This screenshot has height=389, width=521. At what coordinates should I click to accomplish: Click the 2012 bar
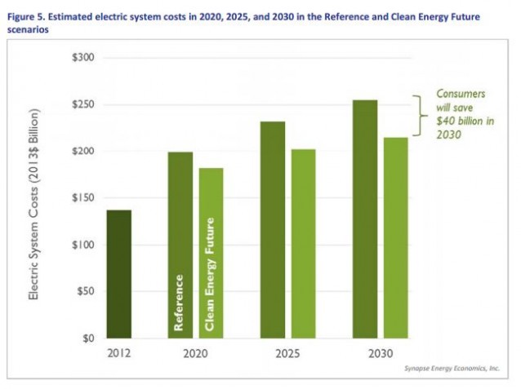click(119, 273)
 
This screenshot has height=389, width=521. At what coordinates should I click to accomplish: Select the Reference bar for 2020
click(180, 245)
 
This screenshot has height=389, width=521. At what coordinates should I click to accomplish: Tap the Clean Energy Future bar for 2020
click(212, 252)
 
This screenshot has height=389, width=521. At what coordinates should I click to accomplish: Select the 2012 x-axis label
click(119, 354)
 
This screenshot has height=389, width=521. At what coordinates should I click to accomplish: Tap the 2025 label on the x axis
click(287, 354)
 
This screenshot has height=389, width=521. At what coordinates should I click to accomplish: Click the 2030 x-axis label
click(380, 354)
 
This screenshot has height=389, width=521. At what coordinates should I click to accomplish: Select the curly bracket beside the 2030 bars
click(419, 115)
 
